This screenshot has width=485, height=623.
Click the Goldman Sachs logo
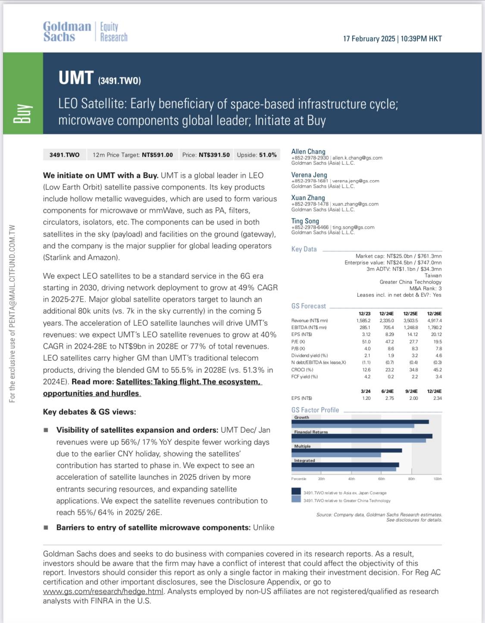tap(67, 32)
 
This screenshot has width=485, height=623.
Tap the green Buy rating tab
tap(23, 93)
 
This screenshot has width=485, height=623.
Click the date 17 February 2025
tap(369, 39)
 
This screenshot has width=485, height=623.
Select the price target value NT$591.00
tap(157, 155)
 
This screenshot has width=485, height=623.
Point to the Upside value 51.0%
tap(268, 155)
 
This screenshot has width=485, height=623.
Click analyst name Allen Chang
tap(308, 151)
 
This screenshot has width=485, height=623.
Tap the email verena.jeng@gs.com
tap(356, 181)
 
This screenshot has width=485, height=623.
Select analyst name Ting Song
tap(305, 221)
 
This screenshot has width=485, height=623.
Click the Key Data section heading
tap(304, 249)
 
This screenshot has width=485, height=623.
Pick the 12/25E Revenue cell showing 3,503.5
tap(410, 321)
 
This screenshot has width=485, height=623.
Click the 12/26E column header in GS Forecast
tap(434, 314)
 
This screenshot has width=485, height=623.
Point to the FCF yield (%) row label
tap(304, 377)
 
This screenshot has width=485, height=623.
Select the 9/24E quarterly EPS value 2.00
tap(413, 398)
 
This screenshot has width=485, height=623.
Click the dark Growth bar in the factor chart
tap(360, 422)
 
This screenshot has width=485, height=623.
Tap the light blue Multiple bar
tap(336, 455)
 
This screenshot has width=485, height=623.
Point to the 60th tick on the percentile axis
tap(382, 479)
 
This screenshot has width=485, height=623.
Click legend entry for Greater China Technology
tap(347, 500)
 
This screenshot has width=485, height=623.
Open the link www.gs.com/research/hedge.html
tap(103, 592)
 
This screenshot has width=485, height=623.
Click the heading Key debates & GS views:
tap(89, 412)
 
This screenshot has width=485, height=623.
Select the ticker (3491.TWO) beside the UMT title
tap(119, 81)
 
